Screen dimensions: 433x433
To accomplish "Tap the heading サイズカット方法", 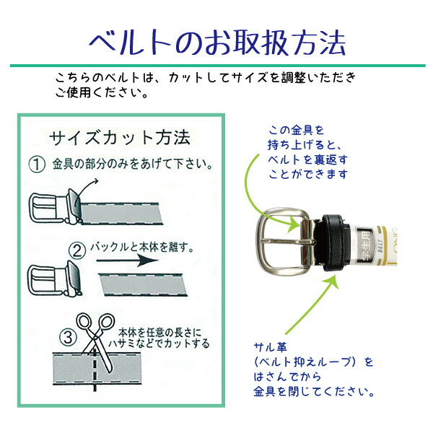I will point(119,137).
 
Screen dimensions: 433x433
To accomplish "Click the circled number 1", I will point(37,165).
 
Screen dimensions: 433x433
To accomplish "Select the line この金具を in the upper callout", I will point(296,130).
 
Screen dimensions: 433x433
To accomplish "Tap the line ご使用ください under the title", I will point(101,93).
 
